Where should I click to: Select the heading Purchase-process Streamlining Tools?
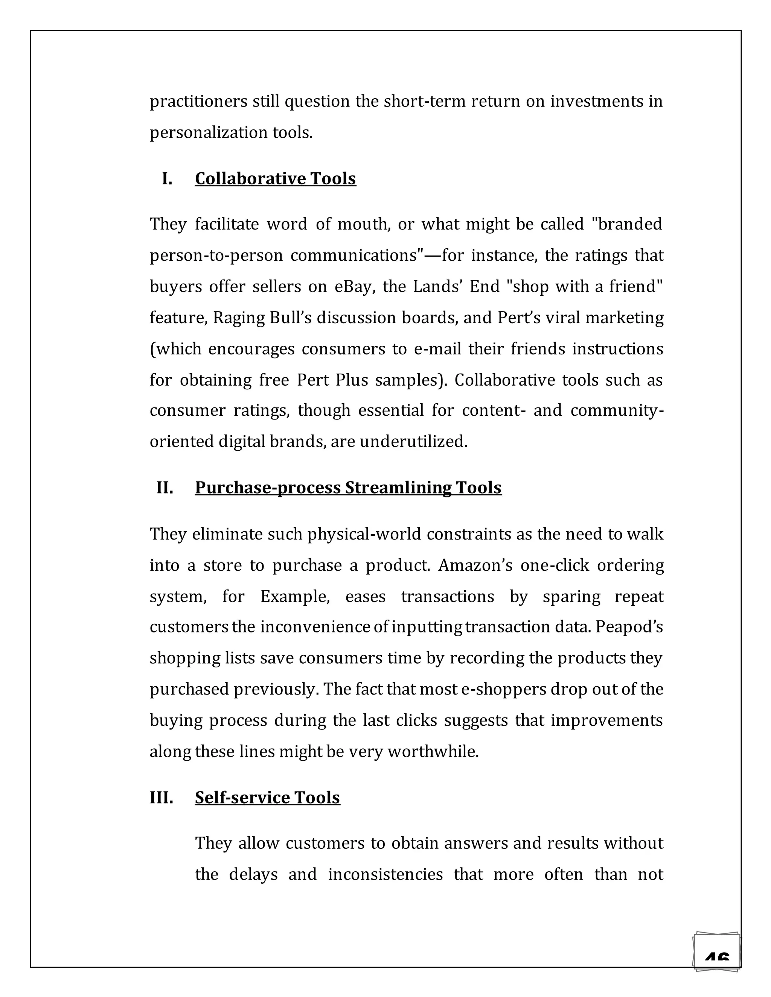pyautogui.click(x=348, y=488)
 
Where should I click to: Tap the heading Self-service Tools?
pyautogui.click(x=267, y=798)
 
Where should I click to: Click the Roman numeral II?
pyautogui.click(x=165, y=488)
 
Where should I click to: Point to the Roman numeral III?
pyautogui.click(x=161, y=798)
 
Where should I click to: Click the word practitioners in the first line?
pyautogui.click(x=199, y=101)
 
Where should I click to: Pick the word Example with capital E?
pyautogui.click(x=295, y=596)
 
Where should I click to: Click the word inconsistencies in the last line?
pyautogui.click(x=385, y=874)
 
